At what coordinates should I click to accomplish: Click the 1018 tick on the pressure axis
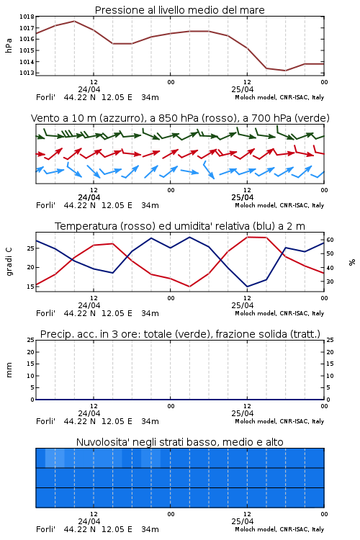point(27,17)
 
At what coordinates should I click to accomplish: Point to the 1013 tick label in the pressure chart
point(27,73)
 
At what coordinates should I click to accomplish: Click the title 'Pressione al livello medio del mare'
point(180,10)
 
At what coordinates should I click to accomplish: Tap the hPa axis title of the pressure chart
point(9,45)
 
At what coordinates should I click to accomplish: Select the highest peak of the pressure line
point(74,21)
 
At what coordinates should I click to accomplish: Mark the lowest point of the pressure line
point(285,71)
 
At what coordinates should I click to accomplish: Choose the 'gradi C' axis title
point(9,262)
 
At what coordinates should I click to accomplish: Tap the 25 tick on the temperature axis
point(30,248)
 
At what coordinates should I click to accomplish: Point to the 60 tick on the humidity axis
point(330,240)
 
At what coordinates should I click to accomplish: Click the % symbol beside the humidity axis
point(352,262)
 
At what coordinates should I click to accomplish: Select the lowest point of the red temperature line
point(190,287)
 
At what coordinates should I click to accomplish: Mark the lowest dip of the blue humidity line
point(247,287)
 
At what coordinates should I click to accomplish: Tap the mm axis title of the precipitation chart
point(9,370)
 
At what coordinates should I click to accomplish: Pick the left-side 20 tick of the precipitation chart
point(30,352)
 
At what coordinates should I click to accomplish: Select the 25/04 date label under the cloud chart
point(243,521)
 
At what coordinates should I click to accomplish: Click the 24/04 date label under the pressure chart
point(89,89)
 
